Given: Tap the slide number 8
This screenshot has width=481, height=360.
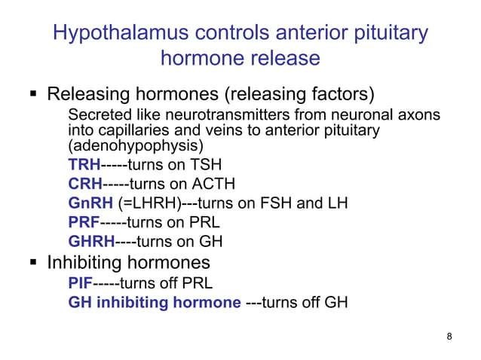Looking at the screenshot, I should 449,336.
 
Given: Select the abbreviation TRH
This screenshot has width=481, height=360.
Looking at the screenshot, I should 84,165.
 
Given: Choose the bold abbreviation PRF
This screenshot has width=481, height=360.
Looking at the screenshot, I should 84,223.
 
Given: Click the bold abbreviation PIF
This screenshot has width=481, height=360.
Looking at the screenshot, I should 81,284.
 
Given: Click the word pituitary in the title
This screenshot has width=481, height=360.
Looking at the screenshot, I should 392,33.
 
